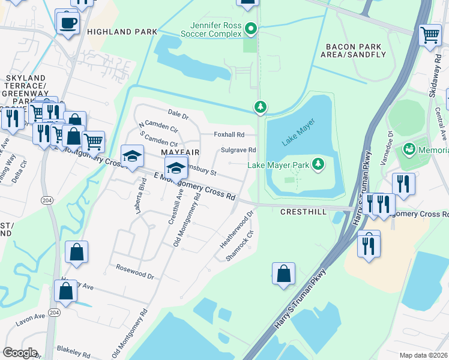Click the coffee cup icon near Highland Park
pos(67,22)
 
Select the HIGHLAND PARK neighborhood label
pos(122,31)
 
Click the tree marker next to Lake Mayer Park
pos(318,164)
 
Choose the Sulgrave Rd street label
pos(238,150)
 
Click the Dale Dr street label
pos(178,113)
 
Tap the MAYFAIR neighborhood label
pos(180,152)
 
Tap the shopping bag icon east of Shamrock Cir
pos(283,274)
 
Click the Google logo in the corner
pos(20,353)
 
